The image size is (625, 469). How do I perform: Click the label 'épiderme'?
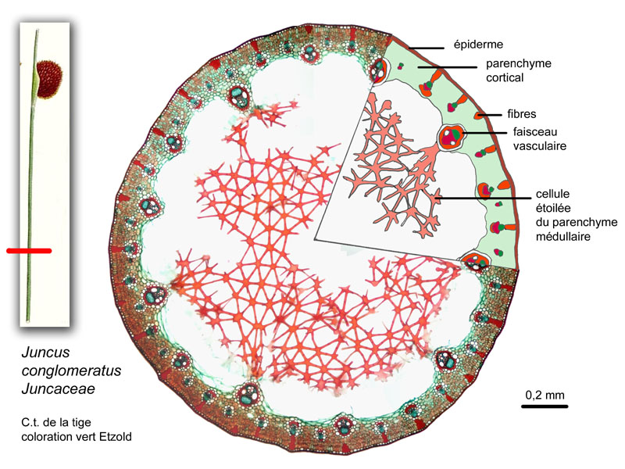[478, 45]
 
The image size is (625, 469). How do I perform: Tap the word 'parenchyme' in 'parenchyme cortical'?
[518, 64]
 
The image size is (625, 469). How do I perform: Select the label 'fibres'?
[521, 114]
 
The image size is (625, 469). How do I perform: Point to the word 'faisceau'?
[535, 131]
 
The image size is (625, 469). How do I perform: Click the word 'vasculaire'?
[539, 146]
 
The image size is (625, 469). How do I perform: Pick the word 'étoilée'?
[553, 208]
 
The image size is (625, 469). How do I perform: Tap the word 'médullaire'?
[562, 237]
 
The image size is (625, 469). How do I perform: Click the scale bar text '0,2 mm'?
[545, 396]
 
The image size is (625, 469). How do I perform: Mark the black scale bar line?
[545, 406]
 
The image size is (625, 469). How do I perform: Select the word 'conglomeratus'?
[71, 371]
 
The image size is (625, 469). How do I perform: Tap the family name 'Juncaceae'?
[58, 388]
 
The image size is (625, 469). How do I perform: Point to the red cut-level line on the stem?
[29, 251]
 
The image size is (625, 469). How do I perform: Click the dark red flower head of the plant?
[49, 80]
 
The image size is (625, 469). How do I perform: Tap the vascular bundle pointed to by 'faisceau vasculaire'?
[452, 136]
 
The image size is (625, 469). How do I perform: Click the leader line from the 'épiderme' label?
[426, 48]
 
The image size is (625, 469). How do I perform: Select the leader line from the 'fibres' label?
[490, 115]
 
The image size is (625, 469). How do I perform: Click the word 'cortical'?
[505, 77]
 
